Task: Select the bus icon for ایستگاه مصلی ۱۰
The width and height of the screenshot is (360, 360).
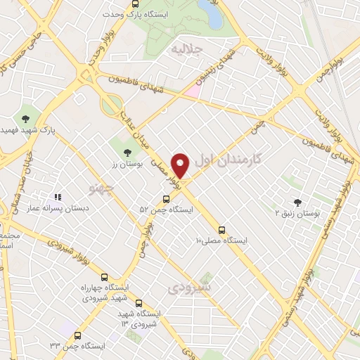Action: click(222, 230)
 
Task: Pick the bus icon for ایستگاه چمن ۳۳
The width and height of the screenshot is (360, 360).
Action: click(77, 335)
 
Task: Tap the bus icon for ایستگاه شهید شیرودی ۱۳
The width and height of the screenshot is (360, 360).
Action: click(138, 302)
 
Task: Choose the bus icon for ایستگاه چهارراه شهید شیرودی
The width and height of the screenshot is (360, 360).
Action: click(105, 277)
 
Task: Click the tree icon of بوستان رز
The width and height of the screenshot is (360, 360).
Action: click(127, 152)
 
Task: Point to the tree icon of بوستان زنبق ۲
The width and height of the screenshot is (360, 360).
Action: click(297, 202)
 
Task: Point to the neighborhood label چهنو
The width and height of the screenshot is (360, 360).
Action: click(103, 187)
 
